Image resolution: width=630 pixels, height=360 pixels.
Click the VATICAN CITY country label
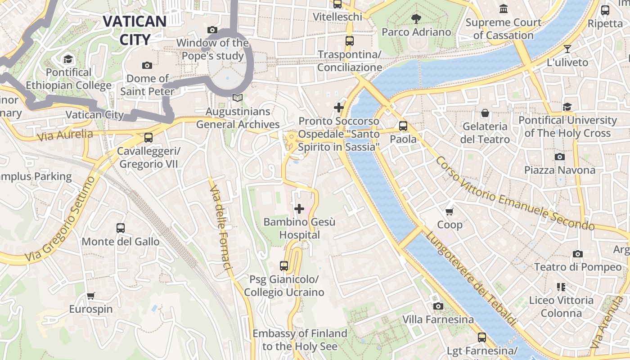[x=135, y=30]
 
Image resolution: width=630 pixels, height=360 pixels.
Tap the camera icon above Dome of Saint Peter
[x=147, y=66]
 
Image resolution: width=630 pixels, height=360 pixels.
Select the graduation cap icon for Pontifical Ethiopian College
[x=68, y=59]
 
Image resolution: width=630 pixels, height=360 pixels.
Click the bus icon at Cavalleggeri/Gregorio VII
[x=148, y=138]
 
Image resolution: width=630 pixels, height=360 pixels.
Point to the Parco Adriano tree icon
[x=416, y=19]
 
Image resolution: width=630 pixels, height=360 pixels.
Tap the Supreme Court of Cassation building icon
[x=504, y=9]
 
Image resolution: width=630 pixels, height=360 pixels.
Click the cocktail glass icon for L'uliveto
[x=567, y=49]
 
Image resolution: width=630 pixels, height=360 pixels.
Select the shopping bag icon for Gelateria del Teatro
[x=485, y=113]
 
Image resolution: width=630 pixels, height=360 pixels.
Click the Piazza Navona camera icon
[x=560, y=157]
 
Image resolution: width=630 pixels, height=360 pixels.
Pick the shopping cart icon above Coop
[x=450, y=211]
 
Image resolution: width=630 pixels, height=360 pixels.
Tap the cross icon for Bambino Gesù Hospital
[x=299, y=209]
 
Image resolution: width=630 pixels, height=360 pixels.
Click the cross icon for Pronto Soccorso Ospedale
[x=339, y=108]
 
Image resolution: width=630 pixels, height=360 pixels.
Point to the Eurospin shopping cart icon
[x=91, y=296]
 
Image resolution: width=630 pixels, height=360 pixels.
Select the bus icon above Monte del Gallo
[x=121, y=228]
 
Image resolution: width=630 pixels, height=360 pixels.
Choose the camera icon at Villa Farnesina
[x=438, y=306]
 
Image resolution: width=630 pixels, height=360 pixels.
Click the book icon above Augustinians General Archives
[x=238, y=98]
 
